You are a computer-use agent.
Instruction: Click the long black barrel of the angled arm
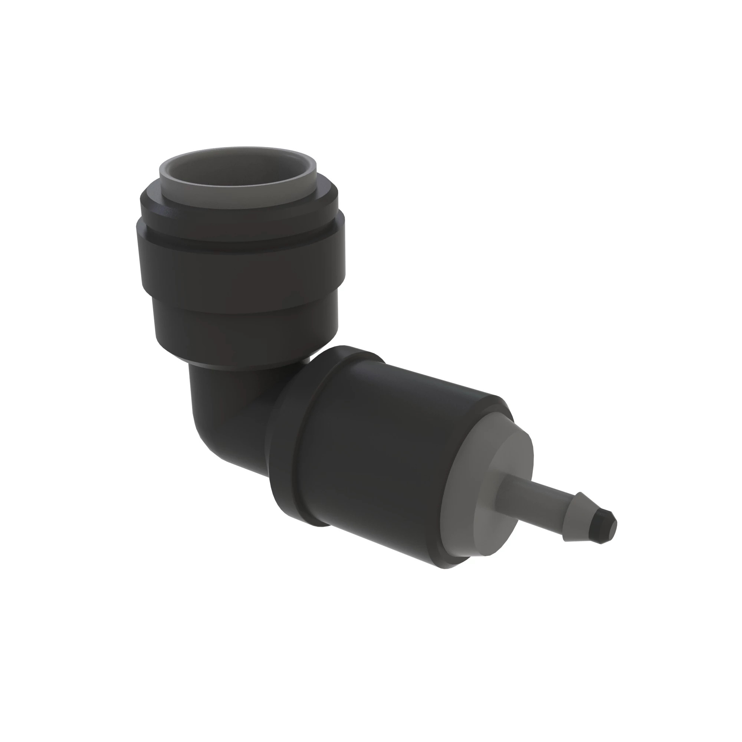384,461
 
